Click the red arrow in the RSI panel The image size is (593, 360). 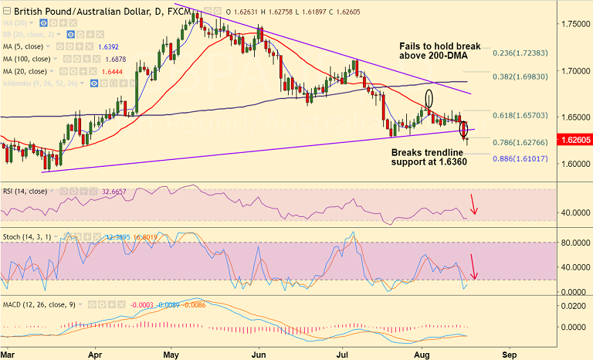(474, 205)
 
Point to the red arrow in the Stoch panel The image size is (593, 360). (474, 267)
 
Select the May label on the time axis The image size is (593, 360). (171, 354)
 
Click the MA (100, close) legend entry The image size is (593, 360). (27, 59)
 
